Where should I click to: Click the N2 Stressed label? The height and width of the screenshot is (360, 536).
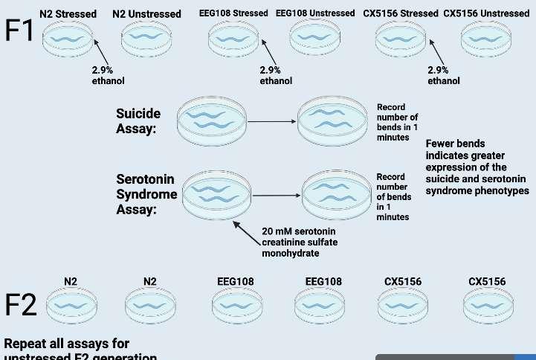(68, 13)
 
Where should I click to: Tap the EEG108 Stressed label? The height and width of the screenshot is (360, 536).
(233, 13)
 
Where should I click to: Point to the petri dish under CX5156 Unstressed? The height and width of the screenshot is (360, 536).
(486, 38)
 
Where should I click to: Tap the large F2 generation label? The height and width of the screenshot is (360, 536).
(20, 305)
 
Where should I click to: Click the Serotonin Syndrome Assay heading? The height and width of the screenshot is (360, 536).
(146, 194)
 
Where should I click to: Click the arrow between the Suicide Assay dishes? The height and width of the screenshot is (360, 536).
(272, 120)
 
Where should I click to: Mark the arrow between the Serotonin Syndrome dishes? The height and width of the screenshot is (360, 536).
(277, 196)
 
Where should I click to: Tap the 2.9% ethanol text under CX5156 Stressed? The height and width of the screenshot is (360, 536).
(444, 75)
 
